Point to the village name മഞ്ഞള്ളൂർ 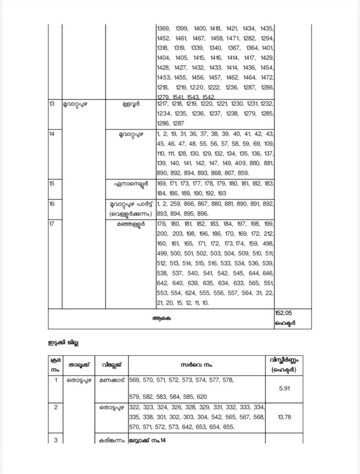tap(130, 225)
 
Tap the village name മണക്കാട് tap(112, 380)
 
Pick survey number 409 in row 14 tap(240, 163)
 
